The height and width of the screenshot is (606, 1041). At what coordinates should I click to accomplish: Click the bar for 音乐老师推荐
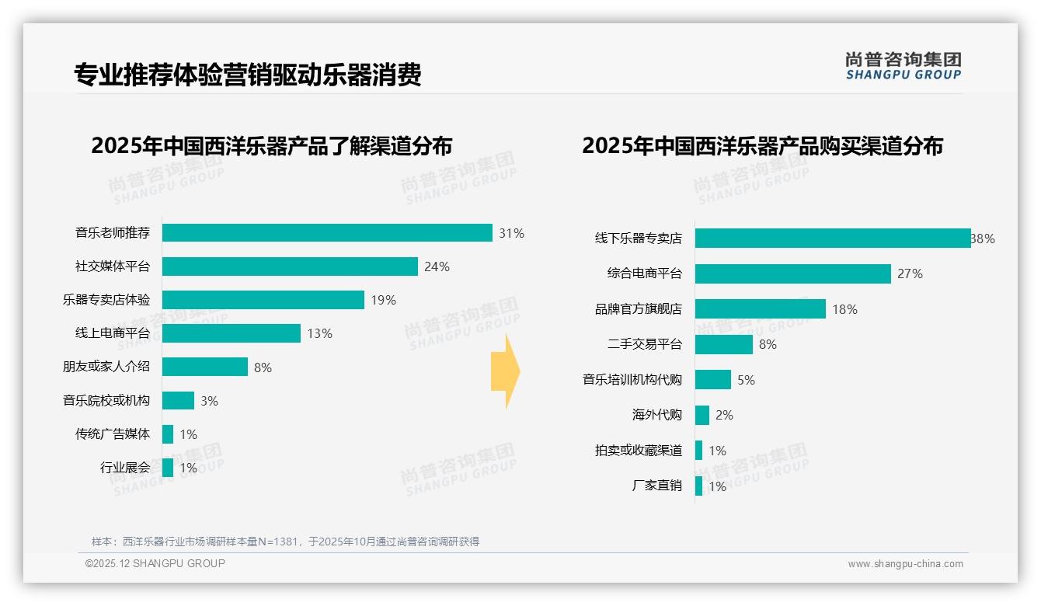pyautogui.click(x=327, y=233)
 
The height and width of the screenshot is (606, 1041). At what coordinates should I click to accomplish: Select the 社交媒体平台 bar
pyautogui.click(x=290, y=266)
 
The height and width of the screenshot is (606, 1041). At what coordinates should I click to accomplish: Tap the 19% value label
pyautogui.click(x=383, y=300)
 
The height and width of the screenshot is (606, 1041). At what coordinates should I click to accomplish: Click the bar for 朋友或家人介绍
pyautogui.click(x=205, y=367)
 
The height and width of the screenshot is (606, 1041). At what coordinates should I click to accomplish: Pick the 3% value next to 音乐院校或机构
pyautogui.click(x=209, y=401)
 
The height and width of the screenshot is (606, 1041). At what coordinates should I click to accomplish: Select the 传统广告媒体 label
pyautogui.click(x=112, y=434)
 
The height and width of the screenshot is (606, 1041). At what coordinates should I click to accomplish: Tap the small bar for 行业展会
pyautogui.click(x=168, y=468)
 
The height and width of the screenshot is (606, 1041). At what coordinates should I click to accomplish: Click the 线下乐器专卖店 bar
pyautogui.click(x=832, y=239)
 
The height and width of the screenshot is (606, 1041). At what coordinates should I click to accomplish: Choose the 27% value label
pyautogui.click(x=910, y=273)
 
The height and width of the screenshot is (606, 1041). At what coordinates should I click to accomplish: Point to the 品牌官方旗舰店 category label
pyautogui.click(x=638, y=309)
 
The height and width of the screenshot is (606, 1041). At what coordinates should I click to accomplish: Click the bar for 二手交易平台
pyautogui.click(x=724, y=344)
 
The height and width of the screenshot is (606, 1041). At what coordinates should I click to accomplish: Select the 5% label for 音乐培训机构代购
pyautogui.click(x=746, y=380)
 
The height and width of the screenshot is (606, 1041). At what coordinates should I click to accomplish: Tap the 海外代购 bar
pyautogui.click(x=702, y=415)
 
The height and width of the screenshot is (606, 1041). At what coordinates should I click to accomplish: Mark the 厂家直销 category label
pyautogui.click(x=656, y=486)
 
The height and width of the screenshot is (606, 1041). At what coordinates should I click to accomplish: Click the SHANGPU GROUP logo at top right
pyautogui.click(x=903, y=66)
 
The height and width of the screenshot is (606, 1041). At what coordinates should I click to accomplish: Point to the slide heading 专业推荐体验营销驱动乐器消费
pyautogui.click(x=248, y=75)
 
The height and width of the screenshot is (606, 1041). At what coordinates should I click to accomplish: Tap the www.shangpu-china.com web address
pyautogui.click(x=905, y=564)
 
